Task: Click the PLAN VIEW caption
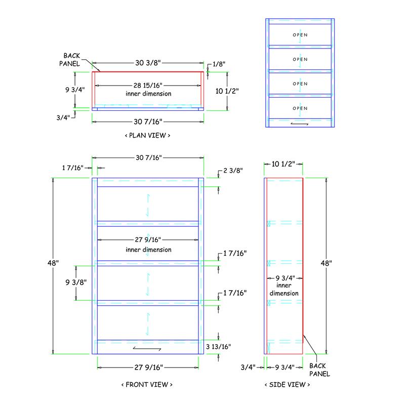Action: tap(147, 135)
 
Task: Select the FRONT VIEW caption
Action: tap(147, 385)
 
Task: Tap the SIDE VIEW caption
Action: tap(287, 385)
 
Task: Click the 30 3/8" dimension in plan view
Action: tap(148, 63)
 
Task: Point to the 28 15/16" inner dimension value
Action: tap(148, 85)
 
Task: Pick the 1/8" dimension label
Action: tap(219, 64)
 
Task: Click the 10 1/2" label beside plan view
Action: tap(227, 91)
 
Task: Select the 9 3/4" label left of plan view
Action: tap(75, 90)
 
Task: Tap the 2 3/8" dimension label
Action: tap(233, 171)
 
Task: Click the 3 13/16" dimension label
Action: tap(218, 347)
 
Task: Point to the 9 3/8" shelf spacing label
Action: tap(76, 282)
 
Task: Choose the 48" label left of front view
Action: tap(53, 263)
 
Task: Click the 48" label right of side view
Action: tap(326, 263)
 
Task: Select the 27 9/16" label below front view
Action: tap(149, 368)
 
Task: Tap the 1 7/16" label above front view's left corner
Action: tap(73, 168)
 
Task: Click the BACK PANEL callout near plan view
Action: tap(70, 60)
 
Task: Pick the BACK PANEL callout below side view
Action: tap(320, 370)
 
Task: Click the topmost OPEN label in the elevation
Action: tap(300, 35)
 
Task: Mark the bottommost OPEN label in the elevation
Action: tap(300, 108)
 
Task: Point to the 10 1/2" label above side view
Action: tap(283, 164)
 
